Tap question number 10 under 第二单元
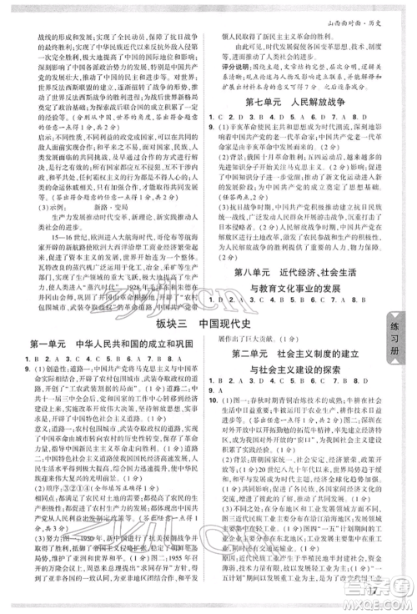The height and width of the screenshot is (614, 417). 224,399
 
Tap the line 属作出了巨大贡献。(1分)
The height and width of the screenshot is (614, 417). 259,340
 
